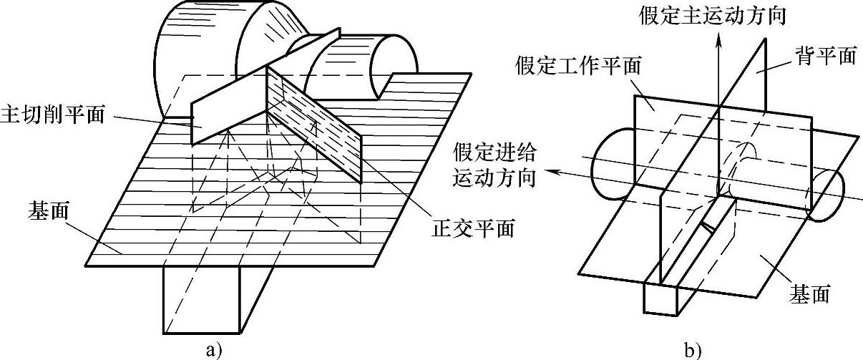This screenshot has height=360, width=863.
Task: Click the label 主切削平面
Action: pyautogui.click(x=54, y=114)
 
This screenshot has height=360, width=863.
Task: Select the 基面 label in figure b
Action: pyautogui.click(x=809, y=292)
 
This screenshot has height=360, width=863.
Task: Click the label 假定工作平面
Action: pyautogui.click(x=576, y=67)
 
